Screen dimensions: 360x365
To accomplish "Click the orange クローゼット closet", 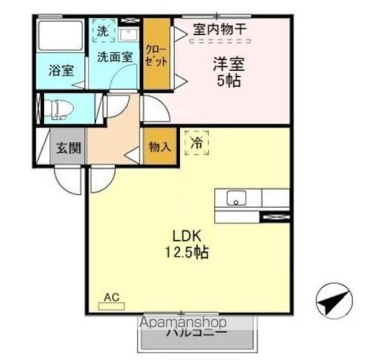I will pyautogui.click(x=156, y=55).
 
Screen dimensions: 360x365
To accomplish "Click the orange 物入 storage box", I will pyautogui.click(x=159, y=147).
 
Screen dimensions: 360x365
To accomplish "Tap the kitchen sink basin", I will pyautogui.click(x=235, y=199).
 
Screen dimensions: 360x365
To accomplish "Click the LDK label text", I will pyautogui.click(x=188, y=234).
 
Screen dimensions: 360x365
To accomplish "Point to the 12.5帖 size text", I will pyautogui.click(x=188, y=251).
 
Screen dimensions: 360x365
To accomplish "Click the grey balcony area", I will pyautogui.click(x=197, y=339).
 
